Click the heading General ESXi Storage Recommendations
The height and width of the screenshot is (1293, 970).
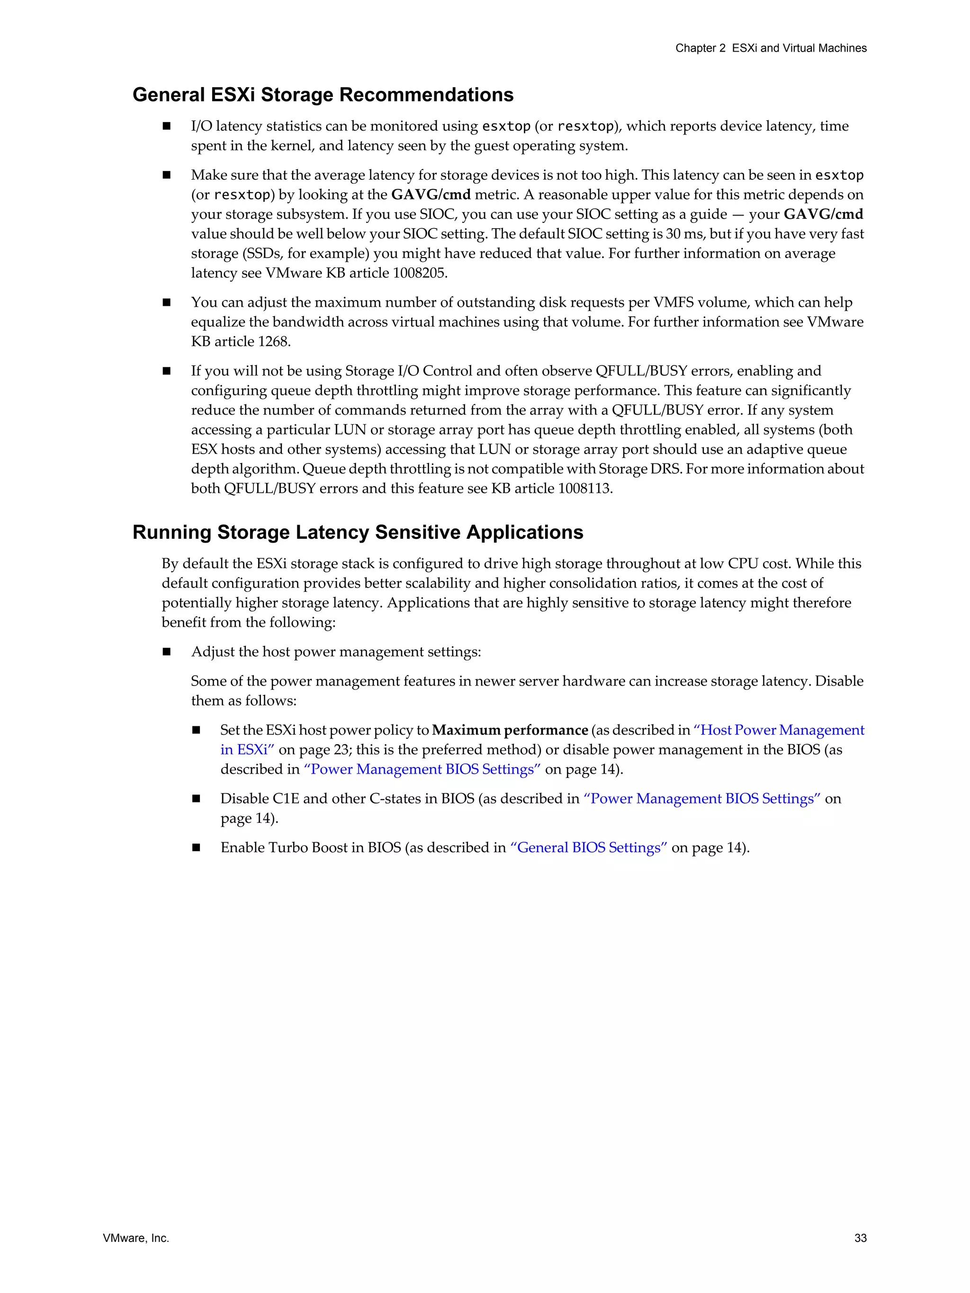coord(323,95)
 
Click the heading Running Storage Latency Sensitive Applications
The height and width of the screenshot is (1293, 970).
coord(358,532)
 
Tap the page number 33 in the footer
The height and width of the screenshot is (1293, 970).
coord(860,1238)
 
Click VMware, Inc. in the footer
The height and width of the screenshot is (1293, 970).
coord(135,1238)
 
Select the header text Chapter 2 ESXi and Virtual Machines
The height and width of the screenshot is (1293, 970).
coord(771,48)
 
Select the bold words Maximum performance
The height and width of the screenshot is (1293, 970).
coord(509,730)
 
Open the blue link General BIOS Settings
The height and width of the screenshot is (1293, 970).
coord(589,847)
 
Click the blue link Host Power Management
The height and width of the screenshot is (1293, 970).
coord(778,730)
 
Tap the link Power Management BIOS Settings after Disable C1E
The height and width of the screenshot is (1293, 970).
coord(701,799)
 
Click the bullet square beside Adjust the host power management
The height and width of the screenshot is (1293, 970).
coord(167,652)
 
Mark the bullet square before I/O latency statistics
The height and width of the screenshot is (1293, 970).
coord(167,126)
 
